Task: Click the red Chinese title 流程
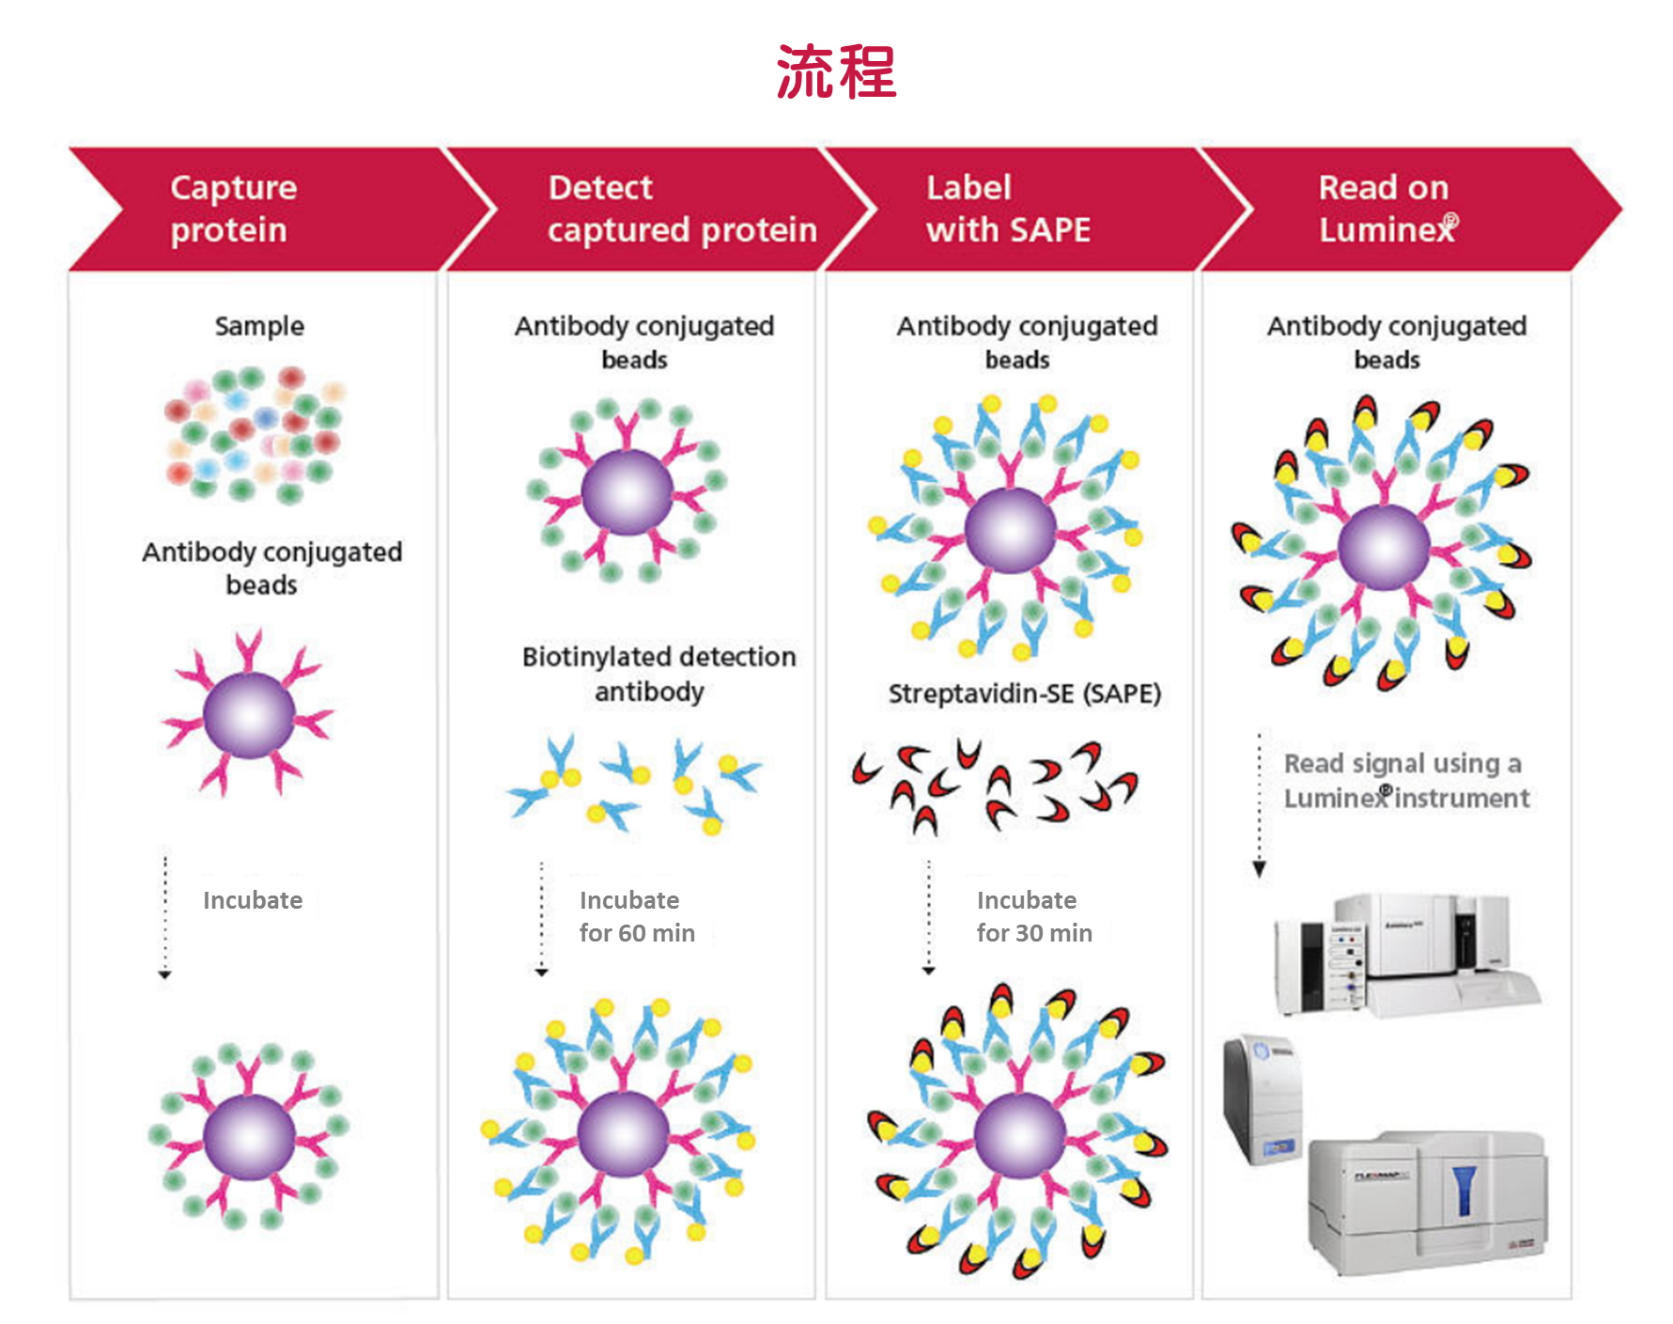point(836,72)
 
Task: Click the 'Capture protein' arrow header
point(234,209)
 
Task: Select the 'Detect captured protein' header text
point(682,209)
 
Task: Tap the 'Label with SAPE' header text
point(1008,209)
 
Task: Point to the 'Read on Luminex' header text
point(1386,209)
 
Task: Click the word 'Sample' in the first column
point(259,326)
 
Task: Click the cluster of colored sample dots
point(254,434)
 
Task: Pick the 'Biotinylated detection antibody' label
point(658,674)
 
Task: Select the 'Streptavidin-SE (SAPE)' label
point(1025,693)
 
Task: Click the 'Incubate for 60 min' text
point(637,916)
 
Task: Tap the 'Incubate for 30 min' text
point(1034,916)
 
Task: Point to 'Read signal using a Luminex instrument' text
point(1405,780)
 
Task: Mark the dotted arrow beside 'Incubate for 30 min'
point(929,917)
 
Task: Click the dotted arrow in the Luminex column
point(1260,804)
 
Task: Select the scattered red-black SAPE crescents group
point(996,787)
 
